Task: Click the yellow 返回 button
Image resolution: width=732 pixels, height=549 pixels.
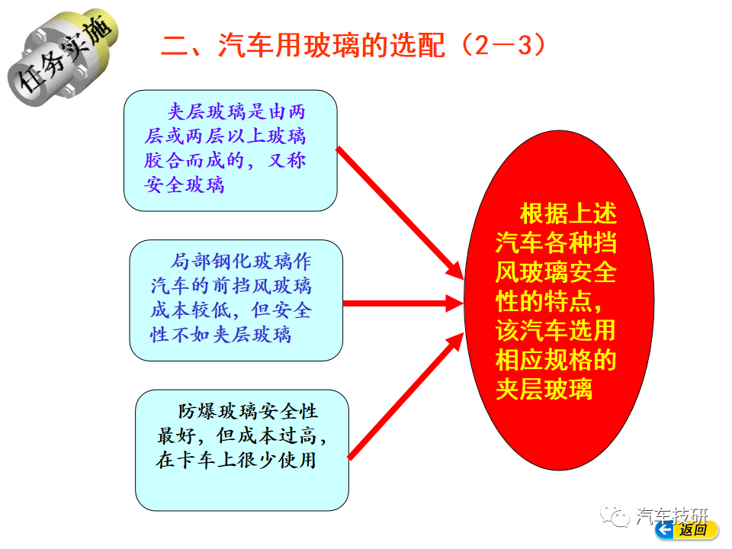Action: [687, 530]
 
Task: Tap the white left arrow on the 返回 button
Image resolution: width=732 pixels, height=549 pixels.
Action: [665, 530]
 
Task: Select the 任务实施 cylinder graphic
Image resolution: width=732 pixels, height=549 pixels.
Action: [63, 56]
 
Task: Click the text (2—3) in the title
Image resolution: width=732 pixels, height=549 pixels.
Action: [504, 46]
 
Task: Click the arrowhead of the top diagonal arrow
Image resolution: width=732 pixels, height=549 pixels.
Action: [453, 270]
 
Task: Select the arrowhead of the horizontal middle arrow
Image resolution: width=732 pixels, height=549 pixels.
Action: [454, 303]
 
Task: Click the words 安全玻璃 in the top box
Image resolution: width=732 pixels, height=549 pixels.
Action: [185, 185]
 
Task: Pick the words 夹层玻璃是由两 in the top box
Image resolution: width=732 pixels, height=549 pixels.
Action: [236, 112]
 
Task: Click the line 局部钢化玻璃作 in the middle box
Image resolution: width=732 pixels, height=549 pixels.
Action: [241, 262]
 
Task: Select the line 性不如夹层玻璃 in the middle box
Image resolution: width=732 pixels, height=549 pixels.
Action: [221, 335]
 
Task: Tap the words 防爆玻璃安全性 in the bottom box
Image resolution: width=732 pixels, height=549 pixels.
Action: [248, 411]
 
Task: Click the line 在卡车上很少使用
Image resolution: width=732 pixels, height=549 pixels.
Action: [236, 461]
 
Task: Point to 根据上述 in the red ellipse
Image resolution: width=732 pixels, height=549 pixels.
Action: [568, 213]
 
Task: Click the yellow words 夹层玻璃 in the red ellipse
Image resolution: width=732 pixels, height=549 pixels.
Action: [544, 390]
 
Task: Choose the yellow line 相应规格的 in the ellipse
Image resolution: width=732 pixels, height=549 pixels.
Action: [556, 360]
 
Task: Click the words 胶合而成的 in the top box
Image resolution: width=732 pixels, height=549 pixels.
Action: [194, 161]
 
